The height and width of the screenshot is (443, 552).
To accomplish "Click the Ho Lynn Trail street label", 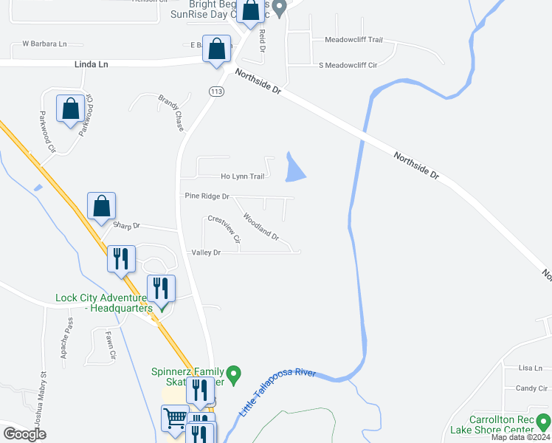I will click(242, 176).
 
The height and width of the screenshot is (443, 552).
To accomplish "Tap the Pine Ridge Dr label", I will click(206, 196).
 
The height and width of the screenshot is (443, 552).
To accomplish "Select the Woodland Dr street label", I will click(261, 227).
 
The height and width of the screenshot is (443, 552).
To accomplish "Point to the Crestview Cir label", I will click(224, 229).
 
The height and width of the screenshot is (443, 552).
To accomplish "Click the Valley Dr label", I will click(206, 253).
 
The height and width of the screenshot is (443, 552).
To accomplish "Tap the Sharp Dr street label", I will click(126, 224).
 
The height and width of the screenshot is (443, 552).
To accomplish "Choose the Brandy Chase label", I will click(171, 112).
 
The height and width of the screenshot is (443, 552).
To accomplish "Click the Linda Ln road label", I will click(92, 64).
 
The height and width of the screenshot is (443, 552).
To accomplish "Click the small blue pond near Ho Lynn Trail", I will click(294, 169).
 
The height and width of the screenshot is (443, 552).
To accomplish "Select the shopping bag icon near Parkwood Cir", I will click(70, 109).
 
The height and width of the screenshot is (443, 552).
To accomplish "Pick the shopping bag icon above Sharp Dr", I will click(102, 206).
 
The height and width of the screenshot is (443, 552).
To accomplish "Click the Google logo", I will click(24, 433).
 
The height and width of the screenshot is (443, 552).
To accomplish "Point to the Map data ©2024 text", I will click(520, 437).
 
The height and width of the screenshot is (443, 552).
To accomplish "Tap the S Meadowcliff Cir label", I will click(348, 66).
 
